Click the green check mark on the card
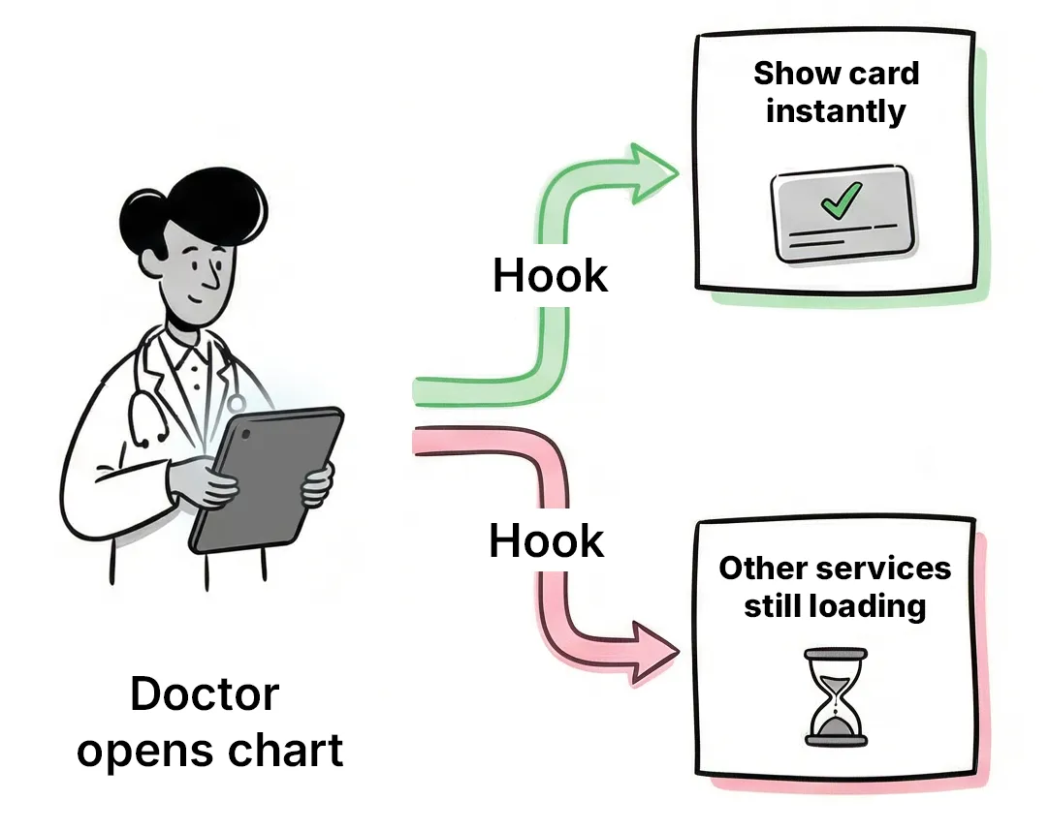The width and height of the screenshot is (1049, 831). (x=840, y=201)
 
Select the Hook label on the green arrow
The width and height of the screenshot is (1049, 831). (x=550, y=276)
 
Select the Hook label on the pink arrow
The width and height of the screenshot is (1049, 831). (x=546, y=540)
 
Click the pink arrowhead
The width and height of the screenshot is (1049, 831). (x=652, y=652)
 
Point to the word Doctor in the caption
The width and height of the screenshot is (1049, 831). (x=205, y=694)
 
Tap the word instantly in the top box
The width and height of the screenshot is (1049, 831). (x=835, y=110)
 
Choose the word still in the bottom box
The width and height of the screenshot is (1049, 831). (x=772, y=606)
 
